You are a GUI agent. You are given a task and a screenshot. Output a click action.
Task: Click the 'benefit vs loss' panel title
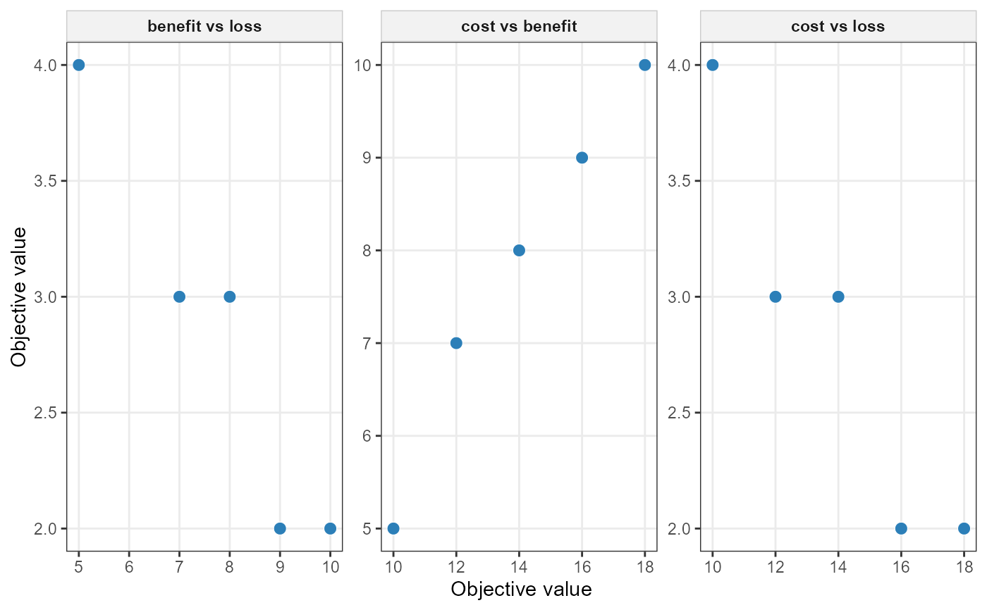(x=204, y=27)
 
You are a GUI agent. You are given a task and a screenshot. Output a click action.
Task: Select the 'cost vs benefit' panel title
(x=519, y=27)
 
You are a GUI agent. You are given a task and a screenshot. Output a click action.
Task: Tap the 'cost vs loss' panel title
(x=838, y=27)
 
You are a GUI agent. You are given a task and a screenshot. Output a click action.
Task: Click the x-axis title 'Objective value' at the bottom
(x=521, y=589)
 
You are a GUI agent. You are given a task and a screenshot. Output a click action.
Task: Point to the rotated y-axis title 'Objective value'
(x=19, y=297)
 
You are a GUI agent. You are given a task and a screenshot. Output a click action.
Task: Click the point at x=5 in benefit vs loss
(x=78, y=65)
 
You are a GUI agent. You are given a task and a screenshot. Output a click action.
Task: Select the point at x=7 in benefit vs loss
(x=179, y=297)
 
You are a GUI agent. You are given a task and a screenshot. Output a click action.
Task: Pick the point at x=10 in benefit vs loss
(x=330, y=528)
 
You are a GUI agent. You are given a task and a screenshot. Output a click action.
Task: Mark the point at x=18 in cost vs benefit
(x=644, y=65)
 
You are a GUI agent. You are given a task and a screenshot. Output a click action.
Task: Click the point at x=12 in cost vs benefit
(x=456, y=343)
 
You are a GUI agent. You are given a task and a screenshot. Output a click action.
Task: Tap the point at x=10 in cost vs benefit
(x=393, y=528)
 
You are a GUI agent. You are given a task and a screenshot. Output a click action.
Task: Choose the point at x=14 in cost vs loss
(x=838, y=297)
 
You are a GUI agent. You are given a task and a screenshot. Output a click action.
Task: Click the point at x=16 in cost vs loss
(x=901, y=528)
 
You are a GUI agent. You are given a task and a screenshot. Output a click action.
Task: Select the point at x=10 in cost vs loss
(x=712, y=65)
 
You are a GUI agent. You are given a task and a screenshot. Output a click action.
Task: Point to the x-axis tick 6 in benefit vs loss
(x=129, y=566)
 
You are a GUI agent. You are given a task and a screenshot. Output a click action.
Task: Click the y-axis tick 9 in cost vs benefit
(x=367, y=158)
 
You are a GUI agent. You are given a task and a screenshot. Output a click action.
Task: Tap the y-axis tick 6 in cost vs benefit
(x=367, y=436)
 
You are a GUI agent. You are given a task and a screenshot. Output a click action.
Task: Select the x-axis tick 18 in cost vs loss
(x=964, y=566)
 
